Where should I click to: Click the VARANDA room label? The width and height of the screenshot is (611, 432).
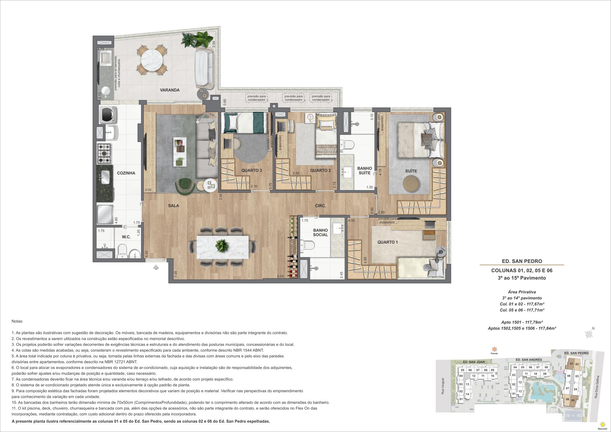170,90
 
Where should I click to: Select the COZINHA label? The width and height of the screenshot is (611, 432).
126,173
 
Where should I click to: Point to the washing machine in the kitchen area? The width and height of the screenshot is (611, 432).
108,115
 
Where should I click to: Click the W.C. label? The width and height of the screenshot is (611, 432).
126,237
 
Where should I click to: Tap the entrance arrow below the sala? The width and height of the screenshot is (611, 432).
156,267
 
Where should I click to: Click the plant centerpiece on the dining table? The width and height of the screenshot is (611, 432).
222,246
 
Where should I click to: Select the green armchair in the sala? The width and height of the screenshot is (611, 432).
185,186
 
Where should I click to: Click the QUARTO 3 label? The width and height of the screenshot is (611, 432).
251,171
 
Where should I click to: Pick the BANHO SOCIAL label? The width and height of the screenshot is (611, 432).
320,233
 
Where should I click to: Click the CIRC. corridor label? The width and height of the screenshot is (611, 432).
320,206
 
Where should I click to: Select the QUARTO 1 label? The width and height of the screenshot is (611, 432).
387,242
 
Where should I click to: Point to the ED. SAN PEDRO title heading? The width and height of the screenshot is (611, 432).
522,261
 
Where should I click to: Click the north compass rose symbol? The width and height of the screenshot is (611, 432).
589,334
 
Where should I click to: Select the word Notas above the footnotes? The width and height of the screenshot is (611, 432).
17,322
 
